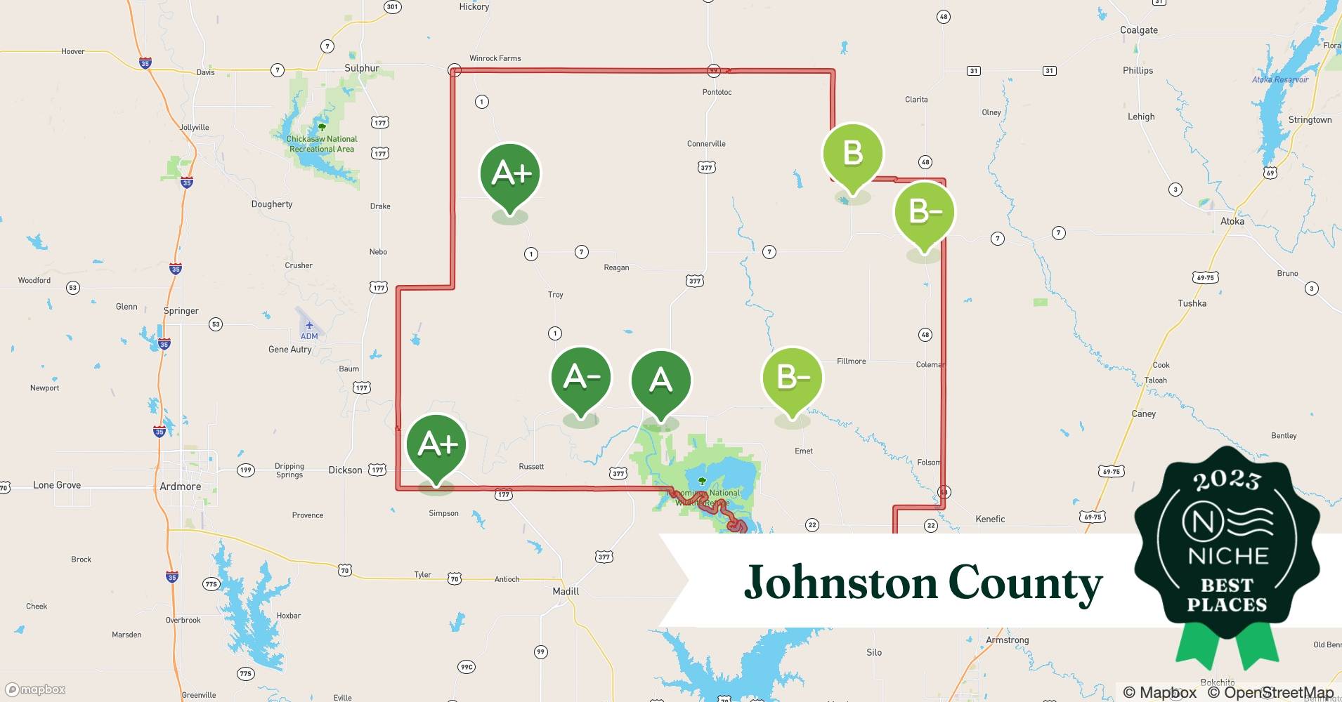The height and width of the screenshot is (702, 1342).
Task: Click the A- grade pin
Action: (x=580, y=379)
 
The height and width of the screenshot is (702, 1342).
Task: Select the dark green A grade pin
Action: (x=660, y=381)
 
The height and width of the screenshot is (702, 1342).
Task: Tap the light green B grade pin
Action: (x=852, y=154)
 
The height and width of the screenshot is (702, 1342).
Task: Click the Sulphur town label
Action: (x=362, y=68)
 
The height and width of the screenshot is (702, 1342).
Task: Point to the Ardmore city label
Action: (x=181, y=486)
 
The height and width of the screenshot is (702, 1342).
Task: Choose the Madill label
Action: (x=566, y=591)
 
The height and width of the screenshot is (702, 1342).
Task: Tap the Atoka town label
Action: (x=1232, y=221)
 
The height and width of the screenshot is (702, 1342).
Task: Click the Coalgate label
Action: (x=1138, y=30)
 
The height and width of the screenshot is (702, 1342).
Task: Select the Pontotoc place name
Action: (x=717, y=92)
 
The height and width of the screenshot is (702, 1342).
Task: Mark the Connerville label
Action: (x=706, y=144)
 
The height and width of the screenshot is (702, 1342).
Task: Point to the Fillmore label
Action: (x=851, y=362)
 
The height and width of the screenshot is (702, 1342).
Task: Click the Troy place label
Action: (x=555, y=295)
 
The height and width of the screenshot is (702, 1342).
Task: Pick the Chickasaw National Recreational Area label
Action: (x=322, y=144)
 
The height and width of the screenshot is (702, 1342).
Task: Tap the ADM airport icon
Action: (x=309, y=326)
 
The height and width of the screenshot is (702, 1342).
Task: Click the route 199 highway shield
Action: (x=245, y=470)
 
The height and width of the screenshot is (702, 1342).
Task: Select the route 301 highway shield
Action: (x=392, y=7)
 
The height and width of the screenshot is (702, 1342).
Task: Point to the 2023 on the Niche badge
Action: (x=1227, y=480)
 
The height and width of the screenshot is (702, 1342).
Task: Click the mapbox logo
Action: (x=35, y=689)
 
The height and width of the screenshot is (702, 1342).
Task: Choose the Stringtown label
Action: (x=1310, y=120)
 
